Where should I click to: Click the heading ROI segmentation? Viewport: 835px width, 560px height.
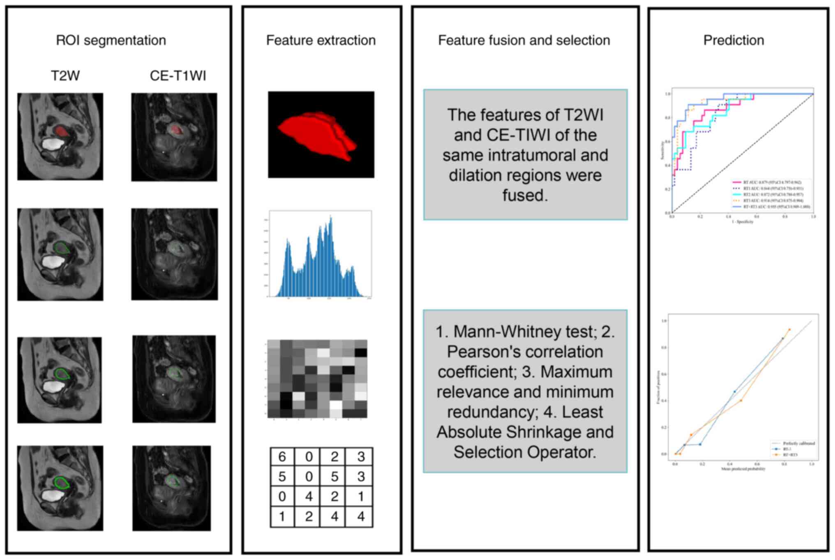pos(111,40)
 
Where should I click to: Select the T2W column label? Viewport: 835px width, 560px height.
pos(65,76)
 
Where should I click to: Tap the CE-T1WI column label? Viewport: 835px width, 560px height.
pos(178,76)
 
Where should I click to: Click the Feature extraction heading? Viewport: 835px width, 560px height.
pos(321,40)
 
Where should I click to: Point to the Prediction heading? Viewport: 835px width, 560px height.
pos(734,40)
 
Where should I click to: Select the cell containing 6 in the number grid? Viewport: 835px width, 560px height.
pos(282,456)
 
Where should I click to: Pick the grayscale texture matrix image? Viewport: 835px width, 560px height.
pos(317,378)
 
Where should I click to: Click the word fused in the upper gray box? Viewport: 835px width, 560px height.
pos(525,195)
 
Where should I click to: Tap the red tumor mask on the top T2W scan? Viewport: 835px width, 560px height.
pos(62,131)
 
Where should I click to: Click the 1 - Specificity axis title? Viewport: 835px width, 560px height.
pos(742,222)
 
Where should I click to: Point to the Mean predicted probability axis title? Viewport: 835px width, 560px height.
pos(743,469)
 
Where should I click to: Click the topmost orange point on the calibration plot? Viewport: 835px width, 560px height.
pos(789,330)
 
